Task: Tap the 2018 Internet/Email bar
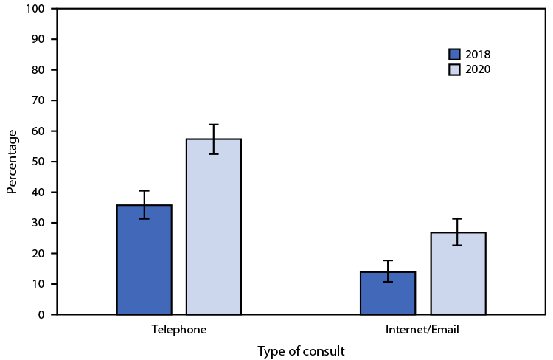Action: [x=388, y=293]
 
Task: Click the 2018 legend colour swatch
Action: [x=454, y=55]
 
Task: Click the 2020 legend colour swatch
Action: [x=454, y=69]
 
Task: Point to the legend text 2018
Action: [x=478, y=55]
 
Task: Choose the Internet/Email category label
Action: [x=422, y=330]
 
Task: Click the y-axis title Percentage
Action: [x=12, y=161]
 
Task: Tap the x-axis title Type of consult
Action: [x=301, y=351]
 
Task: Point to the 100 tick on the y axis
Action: [x=35, y=8]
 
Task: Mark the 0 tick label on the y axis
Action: [x=41, y=315]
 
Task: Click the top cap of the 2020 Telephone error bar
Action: [x=214, y=125]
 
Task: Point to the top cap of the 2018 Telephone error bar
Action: [x=144, y=191]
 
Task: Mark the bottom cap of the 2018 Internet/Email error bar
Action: [x=388, y=282]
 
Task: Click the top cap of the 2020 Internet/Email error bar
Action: [x=458, y=219]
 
